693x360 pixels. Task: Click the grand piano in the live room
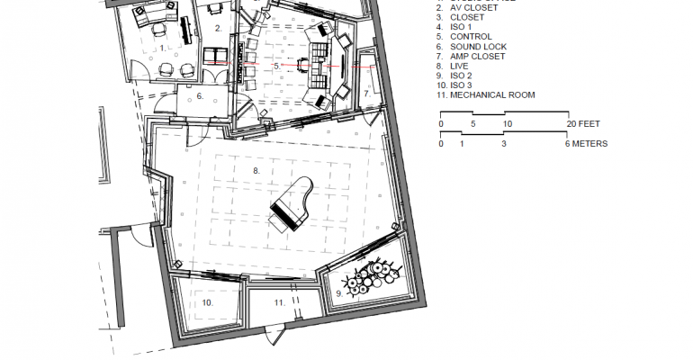coord(294,206)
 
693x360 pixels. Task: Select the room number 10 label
coord(207,303)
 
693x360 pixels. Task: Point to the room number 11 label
coord(280,303)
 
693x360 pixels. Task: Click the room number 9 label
coord(339,292)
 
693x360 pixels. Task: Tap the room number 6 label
coord(200,95)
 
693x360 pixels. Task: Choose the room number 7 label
coord(367,93)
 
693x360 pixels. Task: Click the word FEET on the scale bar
coord(586,123)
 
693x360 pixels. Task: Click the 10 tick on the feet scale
coord(508,123)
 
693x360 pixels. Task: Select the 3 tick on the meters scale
coord(504,143)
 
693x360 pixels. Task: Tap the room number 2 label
coord(219,29)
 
